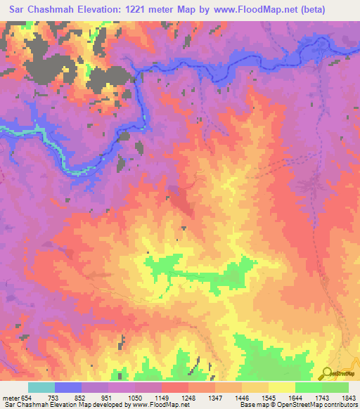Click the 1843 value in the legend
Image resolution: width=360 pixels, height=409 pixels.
click(x=349, y=397)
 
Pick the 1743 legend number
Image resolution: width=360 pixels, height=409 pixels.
click(x=323, y=397)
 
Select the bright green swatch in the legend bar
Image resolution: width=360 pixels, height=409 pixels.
click(x=308, y=387)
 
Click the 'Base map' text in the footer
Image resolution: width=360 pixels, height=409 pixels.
click(x=251, y=405)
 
